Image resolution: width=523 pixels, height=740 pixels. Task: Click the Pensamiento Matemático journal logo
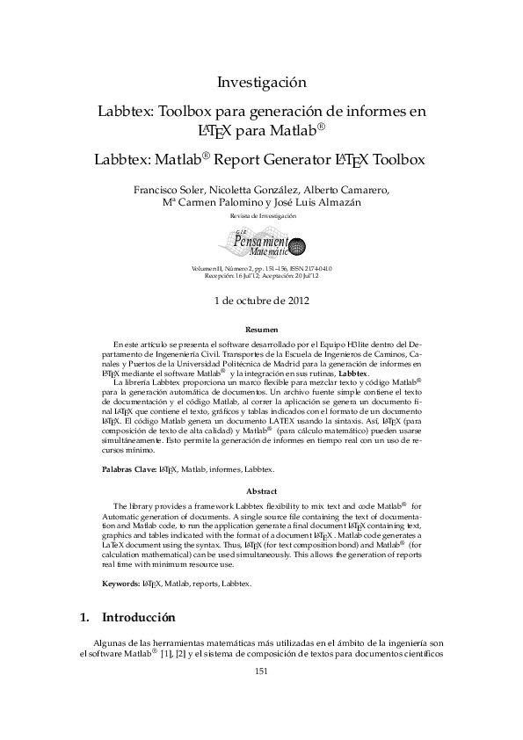click(x=260, y=243)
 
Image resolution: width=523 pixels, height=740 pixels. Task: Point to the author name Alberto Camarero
click(x=347, y=189)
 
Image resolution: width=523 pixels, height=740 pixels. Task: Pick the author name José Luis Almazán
click(x=312, y=203)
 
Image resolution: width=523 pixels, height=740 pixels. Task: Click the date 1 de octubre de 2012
click(x=261, y=300)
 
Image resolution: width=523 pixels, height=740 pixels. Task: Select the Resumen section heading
click(x=261, y=329)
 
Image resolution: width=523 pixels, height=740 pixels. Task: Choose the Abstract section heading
click(x=261, y=490)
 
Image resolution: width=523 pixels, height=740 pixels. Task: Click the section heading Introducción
click(x=139, y=617)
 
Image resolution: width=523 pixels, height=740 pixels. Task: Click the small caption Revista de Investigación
click(x=261, y=215)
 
